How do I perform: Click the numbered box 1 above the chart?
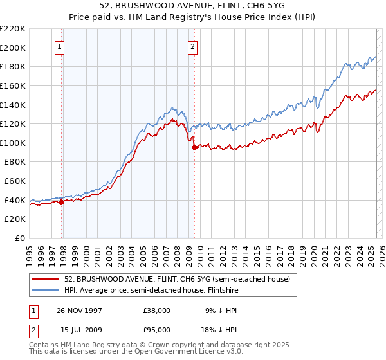59,46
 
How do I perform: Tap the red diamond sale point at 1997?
62,202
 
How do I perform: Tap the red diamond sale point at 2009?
194,147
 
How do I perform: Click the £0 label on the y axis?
19,239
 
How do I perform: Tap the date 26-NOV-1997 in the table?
79,310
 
